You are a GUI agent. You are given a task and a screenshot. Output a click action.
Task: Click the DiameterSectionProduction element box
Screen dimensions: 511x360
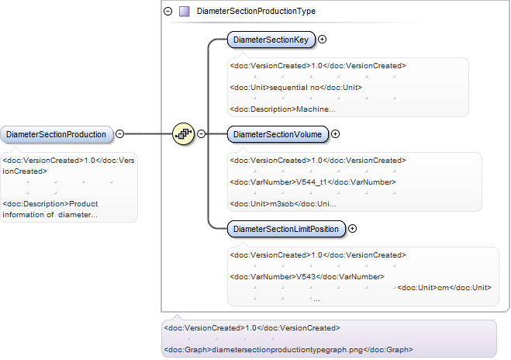click(57, 134)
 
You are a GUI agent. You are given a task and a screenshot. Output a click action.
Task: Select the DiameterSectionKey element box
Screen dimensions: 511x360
click(271, 40)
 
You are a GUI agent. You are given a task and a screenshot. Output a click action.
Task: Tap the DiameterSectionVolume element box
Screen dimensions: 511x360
click(278, 134)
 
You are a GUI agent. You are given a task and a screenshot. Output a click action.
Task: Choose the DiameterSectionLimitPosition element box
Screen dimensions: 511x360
click(286, 229)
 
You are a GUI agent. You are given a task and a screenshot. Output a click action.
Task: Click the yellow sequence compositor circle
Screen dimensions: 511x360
click(183, 133)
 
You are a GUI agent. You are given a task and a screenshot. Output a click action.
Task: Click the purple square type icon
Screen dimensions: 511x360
click(185, 12)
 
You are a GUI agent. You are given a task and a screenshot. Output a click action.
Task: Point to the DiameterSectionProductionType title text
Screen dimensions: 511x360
click(256, 11)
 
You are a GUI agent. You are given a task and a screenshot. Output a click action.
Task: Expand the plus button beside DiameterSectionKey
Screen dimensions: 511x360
click(322, 40)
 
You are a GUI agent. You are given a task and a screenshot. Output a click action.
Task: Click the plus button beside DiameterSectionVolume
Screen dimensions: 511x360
click(335, 134)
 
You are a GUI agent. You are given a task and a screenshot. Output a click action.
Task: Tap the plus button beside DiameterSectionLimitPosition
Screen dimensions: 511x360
click(352, 229)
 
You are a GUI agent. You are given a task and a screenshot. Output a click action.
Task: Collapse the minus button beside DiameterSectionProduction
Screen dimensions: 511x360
click(120, 134)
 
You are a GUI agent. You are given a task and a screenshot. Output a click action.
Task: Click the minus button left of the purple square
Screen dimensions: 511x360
click(167, 12)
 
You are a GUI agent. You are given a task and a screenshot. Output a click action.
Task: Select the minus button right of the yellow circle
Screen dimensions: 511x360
click(202, 134)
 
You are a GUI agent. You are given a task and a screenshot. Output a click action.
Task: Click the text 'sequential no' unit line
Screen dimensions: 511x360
click(296, 88)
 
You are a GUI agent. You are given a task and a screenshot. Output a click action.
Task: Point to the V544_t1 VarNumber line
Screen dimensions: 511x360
click(312, 182)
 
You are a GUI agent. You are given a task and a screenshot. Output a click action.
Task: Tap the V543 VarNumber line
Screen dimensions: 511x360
click(307, 276)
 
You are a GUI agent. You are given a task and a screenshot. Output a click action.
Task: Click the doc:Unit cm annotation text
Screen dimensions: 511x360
click(444, 288)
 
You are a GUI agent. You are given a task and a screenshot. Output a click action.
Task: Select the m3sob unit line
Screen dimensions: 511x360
click(283, 204)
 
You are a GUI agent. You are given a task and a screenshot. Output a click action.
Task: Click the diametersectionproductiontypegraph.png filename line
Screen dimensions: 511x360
click(288, 350)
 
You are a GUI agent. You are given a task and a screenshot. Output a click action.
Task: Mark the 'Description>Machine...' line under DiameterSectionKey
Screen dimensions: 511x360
click(282, 109)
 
